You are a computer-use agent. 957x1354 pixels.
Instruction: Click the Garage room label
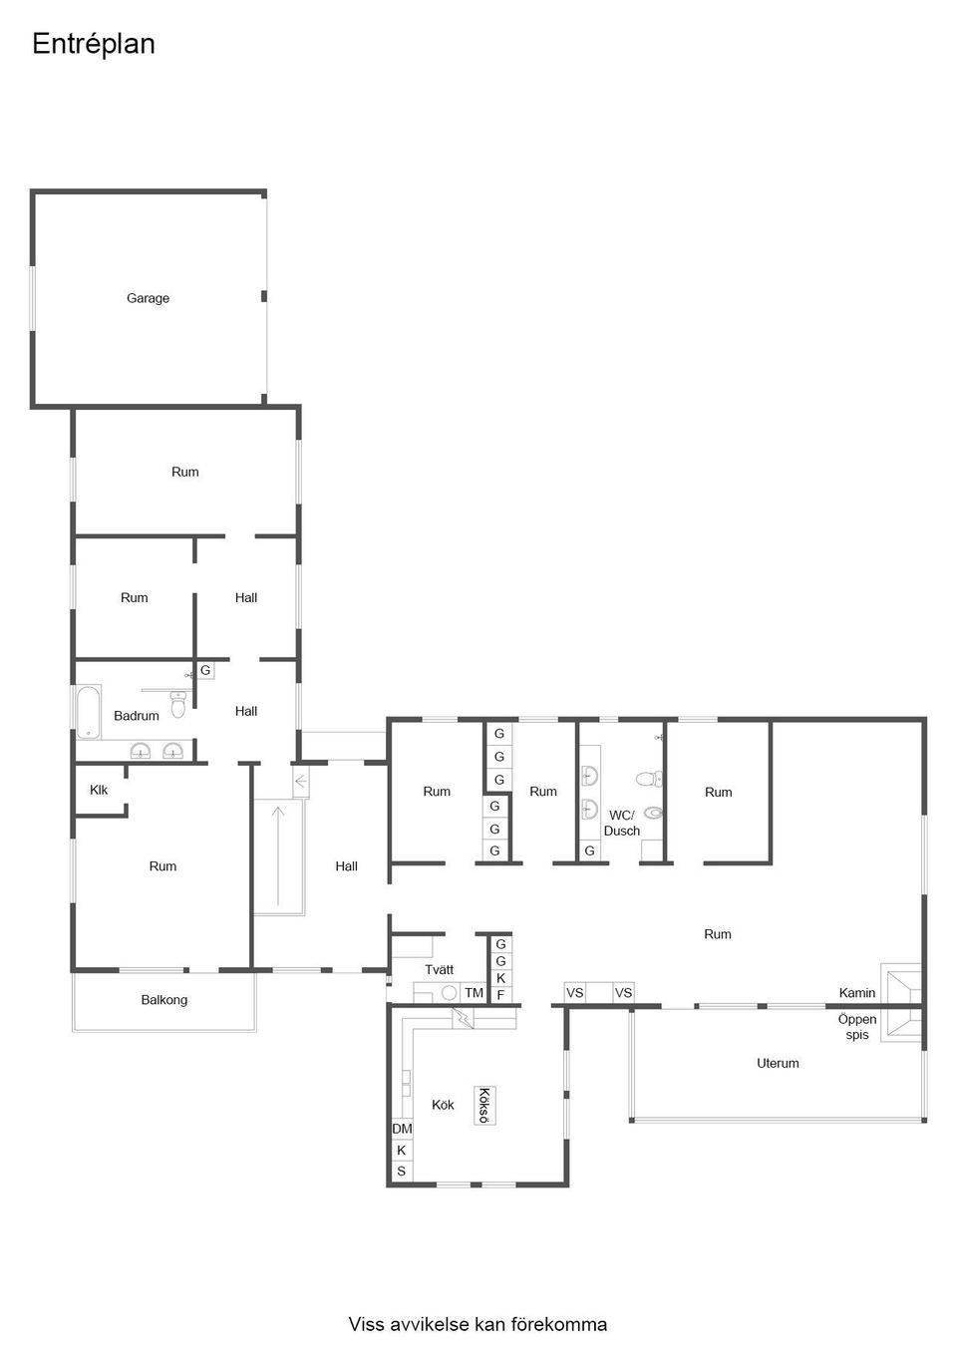tap(148, 298)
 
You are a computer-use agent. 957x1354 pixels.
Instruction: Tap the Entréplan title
tap(94, 44)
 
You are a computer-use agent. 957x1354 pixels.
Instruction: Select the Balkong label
tap(163, 1000)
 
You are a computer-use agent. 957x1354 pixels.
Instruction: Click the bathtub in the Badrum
tap(89, 711)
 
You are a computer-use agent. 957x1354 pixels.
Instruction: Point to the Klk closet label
tap(99, 790)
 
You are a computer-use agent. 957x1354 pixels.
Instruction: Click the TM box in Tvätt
tap(473, 993)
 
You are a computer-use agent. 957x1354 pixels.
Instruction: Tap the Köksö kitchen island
tap(484, 1106)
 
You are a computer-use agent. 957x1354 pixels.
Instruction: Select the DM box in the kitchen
tap(402, 1129)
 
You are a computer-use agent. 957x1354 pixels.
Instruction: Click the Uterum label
tap(778, 1063)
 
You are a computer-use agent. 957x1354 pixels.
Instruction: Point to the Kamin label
tap(856, 993)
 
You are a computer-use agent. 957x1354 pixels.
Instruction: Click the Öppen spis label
tap(856, 1027)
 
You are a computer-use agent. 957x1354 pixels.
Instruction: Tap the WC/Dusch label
tap(621, 823)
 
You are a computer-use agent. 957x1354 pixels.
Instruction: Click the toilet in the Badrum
tap(178, 707)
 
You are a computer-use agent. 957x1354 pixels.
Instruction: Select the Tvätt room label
tap(439, 969)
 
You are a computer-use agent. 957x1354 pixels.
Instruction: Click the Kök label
tap(443, 1105)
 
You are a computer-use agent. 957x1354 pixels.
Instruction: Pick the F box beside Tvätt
tap(500, 995)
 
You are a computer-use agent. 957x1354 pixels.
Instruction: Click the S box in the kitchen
tap(402, 1172)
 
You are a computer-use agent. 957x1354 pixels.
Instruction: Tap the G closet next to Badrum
tap(205, 670)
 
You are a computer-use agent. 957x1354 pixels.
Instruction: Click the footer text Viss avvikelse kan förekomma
tap(478, 1324)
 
